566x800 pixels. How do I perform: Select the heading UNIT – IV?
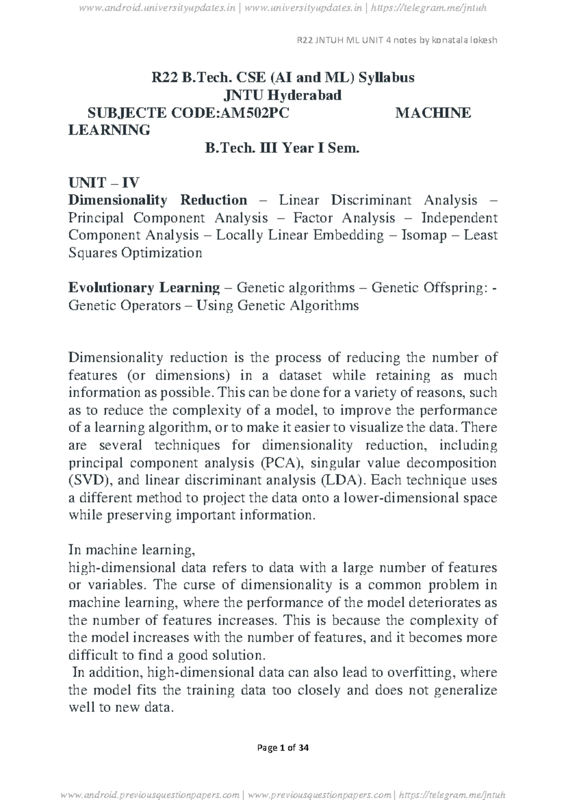(x=103, y=183)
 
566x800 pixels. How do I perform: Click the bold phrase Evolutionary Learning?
(x=144, y=288)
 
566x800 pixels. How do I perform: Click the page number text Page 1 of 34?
(x=283, y=748)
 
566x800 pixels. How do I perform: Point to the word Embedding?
(x=348, y=235)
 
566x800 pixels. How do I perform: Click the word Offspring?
(x=454, y=288)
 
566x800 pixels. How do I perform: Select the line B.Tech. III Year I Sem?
(x=282, y=148)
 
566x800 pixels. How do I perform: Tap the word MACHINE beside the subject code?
(x=433, y=113)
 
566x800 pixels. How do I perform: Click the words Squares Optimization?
(x=135, y=253)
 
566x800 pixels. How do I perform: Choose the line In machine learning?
(x=132, y=550)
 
